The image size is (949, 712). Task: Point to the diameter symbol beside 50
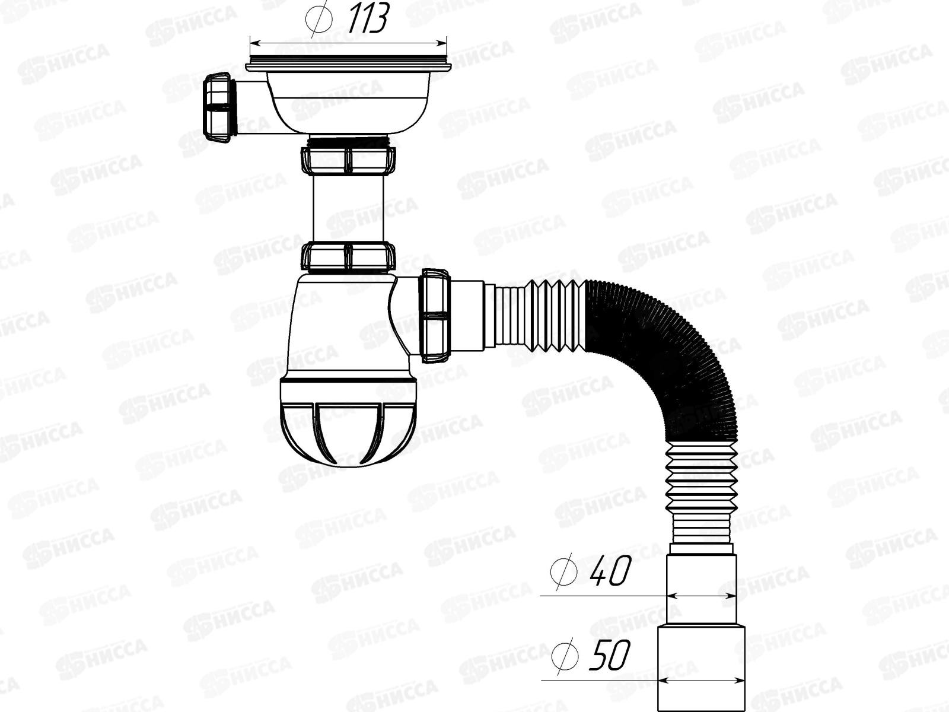click(564, 656)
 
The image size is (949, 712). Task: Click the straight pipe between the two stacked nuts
click(349, 208)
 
